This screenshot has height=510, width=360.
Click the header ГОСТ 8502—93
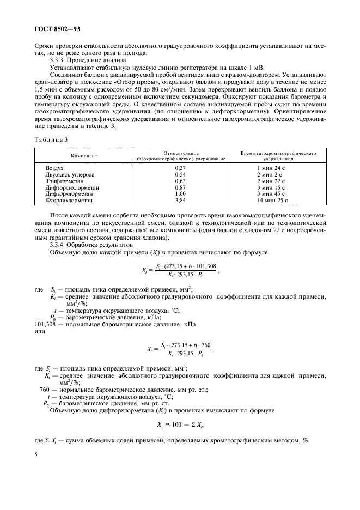pos(57,28)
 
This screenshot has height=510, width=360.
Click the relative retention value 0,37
pos(180,168)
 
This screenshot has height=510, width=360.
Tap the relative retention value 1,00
pos(180,193)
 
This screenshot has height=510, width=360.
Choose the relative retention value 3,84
pos(180,200)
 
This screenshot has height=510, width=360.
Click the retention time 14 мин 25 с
pos(276,200)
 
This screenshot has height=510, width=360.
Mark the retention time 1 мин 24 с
pos(276,168)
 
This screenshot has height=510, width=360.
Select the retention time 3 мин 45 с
pos(276,193)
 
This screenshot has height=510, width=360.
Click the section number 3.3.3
pos(58,60)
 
